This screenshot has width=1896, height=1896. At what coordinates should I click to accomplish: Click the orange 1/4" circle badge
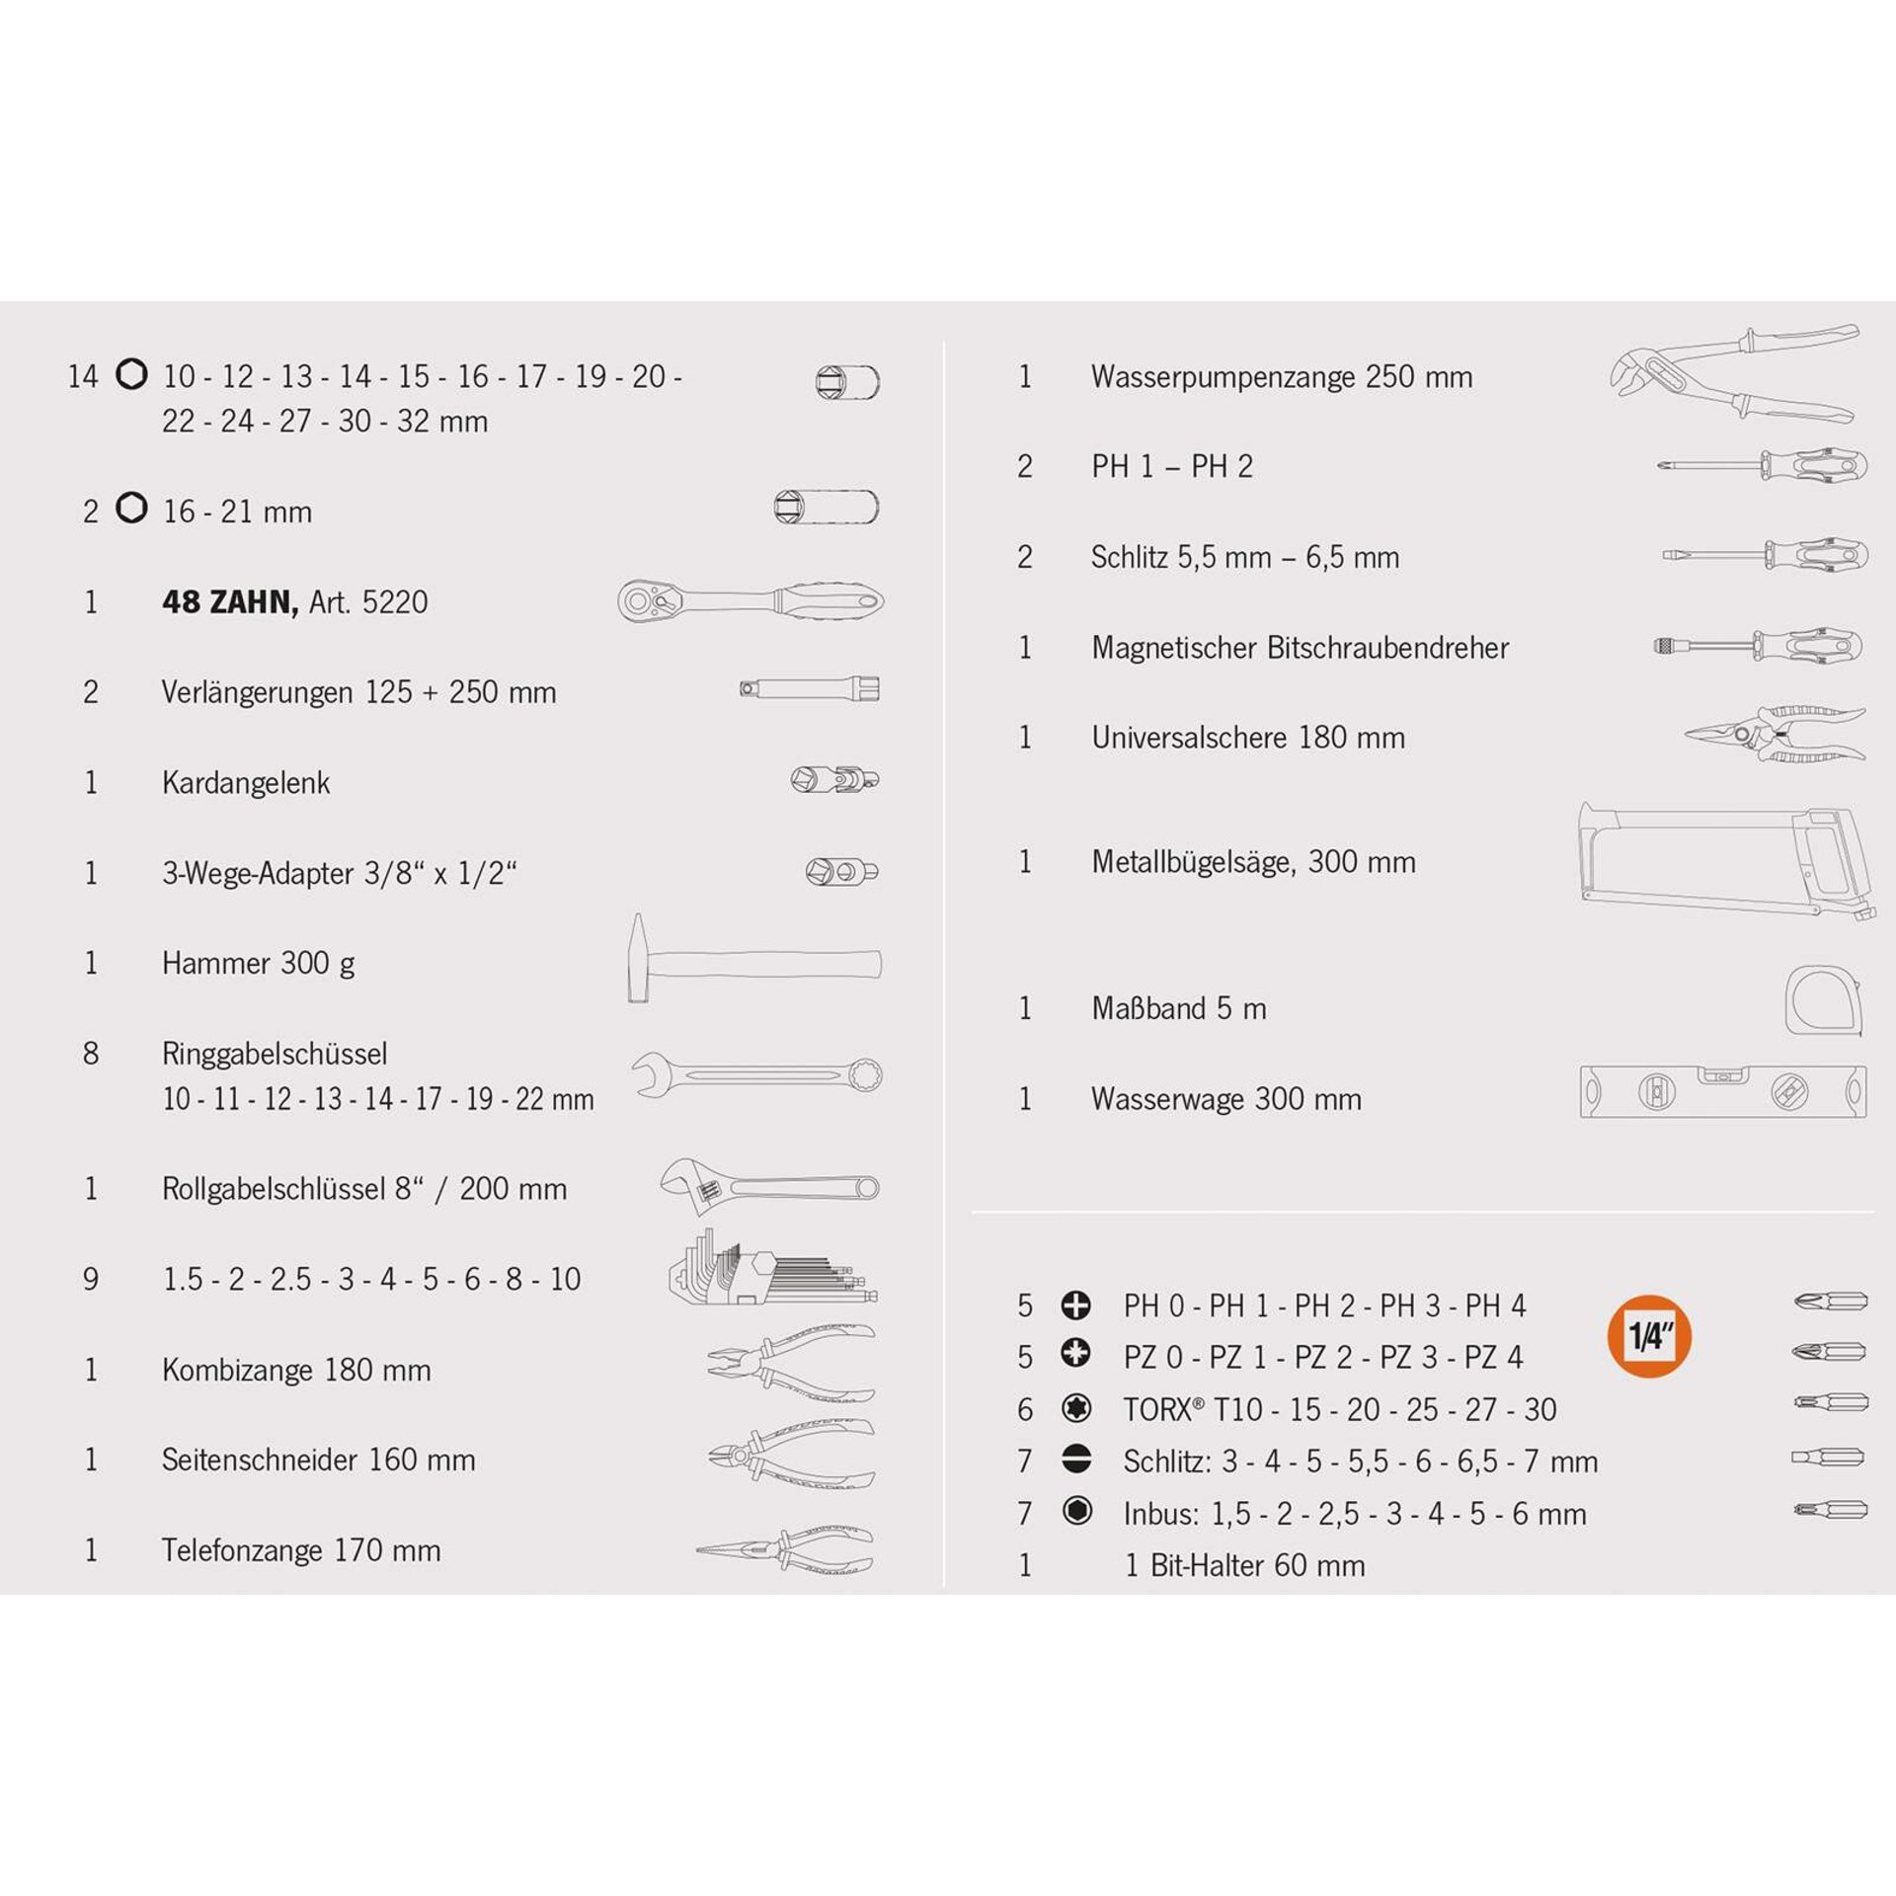pos(1649,1336)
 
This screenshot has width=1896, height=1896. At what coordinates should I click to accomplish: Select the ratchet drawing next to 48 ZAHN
pos(750,600)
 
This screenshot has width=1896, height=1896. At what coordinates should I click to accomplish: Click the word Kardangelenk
pos(246,783)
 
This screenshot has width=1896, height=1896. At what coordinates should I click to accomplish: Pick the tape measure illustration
pos(1824,1000)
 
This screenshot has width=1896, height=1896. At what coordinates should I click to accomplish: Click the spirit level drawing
pos(1723,1091)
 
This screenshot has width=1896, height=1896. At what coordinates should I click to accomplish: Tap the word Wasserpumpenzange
pos(1224,377)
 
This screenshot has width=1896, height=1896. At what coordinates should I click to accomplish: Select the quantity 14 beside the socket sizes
pos(83,376)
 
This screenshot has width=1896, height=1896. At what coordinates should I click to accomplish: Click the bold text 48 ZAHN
pos(230,601)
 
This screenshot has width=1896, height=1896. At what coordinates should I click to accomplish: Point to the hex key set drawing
pos(773,1267)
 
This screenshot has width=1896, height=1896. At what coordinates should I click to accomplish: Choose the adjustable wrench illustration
pos(770,1186)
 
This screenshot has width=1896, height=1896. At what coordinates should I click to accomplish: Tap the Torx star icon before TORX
pos(1076,1408)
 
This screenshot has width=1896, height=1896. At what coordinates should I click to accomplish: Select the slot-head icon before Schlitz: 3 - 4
pos(1076,1460)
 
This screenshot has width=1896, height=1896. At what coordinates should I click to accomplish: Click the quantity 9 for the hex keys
pos(91,1279)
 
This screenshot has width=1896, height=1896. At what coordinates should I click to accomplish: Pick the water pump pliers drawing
pos(1734,373)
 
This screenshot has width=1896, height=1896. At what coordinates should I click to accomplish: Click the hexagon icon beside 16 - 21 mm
pos(131,508)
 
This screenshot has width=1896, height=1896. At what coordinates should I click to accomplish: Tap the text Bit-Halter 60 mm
pos(1258,1565)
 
